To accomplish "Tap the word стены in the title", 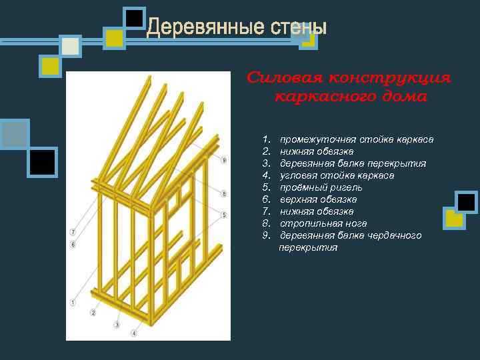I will click(299, 27).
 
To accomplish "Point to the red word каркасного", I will click(313, 97).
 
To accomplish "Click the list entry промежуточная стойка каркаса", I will click(357, 139).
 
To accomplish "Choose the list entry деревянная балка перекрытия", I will click(353, 163).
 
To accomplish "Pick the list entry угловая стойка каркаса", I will click(337, 175).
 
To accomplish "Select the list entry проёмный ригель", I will click(321, 187).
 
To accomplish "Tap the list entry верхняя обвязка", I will click(318, 199).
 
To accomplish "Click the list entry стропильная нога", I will click(323, 223).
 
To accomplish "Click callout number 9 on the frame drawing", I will click(224, 160).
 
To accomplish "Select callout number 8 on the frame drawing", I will click(224, 194).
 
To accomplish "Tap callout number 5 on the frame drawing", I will click(224, 215).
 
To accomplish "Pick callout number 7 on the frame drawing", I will click(72, 232).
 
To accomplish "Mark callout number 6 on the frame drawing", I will click(72, 245).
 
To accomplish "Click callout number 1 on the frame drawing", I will click(72, 303).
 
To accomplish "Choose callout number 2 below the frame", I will click(93, 312).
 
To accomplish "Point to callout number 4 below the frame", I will click(134, 333).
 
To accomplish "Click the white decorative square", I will click(70, 46).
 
